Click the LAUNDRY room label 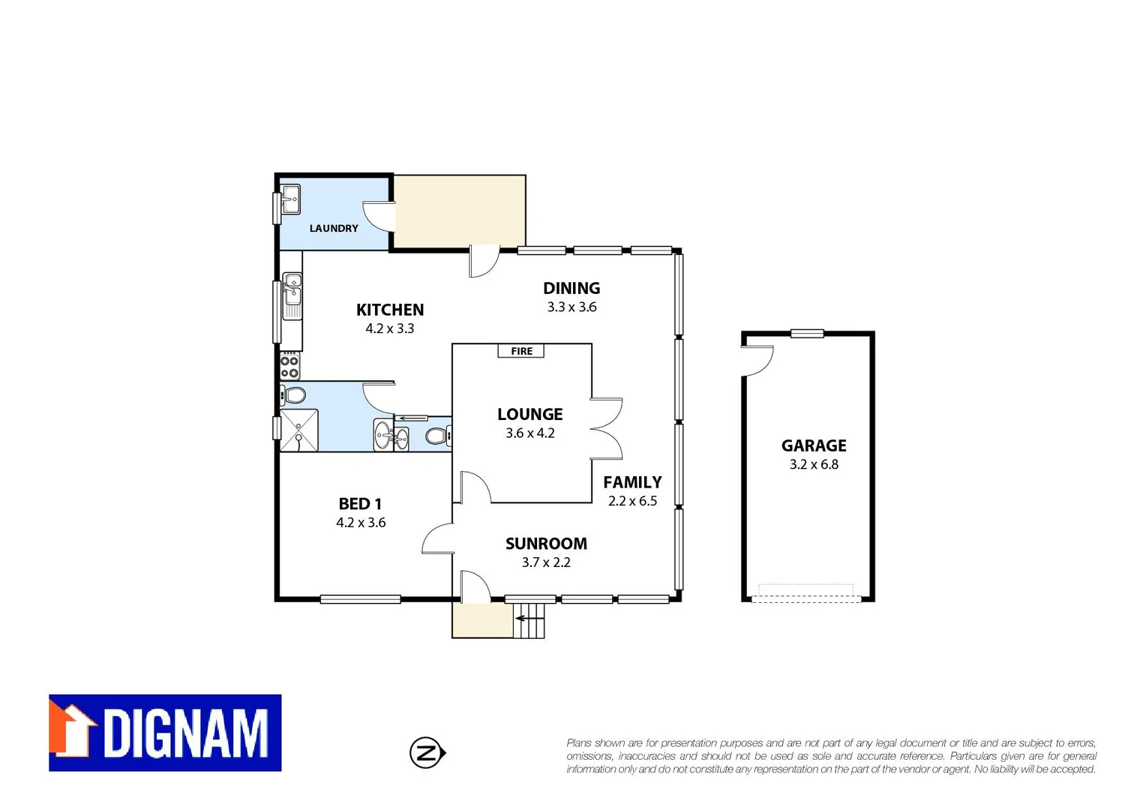(334, 228)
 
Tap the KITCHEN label (390, 310)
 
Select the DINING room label (571, 288)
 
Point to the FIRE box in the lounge (521, 351)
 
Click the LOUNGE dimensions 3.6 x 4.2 (530, 433)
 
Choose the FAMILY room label (632, 482)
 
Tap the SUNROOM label (546, 544)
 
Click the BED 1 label (360, 504)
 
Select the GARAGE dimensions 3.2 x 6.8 (814, 464)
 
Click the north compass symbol (427, 752)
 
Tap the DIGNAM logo (165, 733)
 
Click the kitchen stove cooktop (289, 367)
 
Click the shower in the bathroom (299, 430)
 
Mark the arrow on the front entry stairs (520, 619)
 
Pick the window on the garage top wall (807, 334)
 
